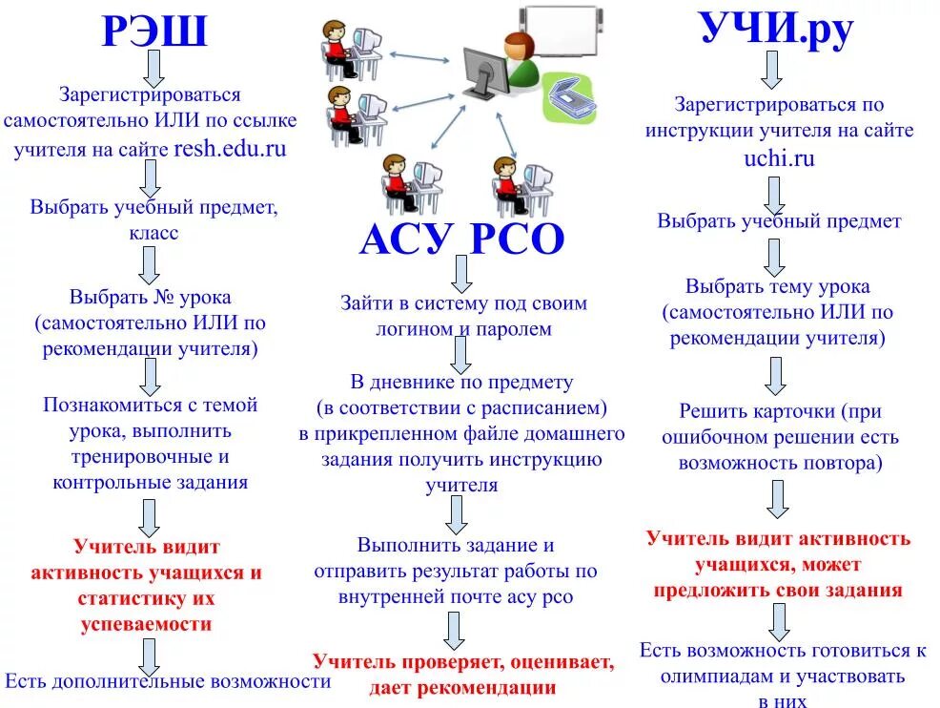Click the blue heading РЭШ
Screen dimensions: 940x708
pyautogui.click(x=153, y=31)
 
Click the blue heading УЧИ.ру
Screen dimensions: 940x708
pyautogui.click(x=776, y=28)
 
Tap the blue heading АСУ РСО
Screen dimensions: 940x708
pyautogui.click(x=461, y=239)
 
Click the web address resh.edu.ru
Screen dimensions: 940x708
pyautogui.click(x=230, y=149)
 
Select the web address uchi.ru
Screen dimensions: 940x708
pyautogui.click(x=779, y=158)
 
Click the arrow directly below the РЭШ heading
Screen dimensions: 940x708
pyautogui.click(x=153, y=70)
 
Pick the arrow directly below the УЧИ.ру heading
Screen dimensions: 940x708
pyautogui.click(x=773, y=71)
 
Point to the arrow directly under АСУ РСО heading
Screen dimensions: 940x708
pyautogui.click(x=461, y=275)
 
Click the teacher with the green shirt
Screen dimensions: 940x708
pyautogui.click(x=521, y=59)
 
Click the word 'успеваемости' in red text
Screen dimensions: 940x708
pyautogui.click(x=146, y=625)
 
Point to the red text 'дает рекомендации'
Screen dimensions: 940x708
pyautogui.click(x=462, y=687)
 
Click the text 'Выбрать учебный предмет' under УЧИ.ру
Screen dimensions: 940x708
pyautogui.click(x=778, y=221)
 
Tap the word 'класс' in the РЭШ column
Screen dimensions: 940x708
pyautogui.click(x=153, y=233)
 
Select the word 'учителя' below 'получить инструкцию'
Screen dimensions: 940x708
pyautogui.click(x=461, y=485)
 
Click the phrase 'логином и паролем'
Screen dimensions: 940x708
pyautogui.click(x=462, y=329)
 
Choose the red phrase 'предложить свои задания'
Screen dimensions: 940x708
pyautogui.click(x=777, y=590)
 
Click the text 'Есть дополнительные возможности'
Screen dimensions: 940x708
pyautogui.click(x=168, y=681)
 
